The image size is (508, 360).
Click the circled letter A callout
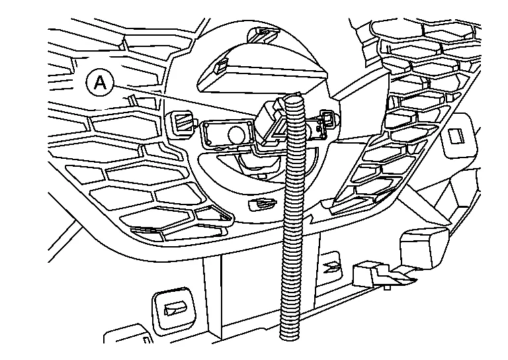click(x=100, y=82)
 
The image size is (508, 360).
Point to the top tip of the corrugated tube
click(x=294, y=100)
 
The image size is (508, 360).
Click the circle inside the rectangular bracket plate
click(x=235, y=133)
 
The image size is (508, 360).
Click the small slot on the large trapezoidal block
click(x=223, y=64)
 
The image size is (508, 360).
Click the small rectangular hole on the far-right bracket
click(x=455, y=136)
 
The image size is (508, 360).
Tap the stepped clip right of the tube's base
click(x=374, y=274)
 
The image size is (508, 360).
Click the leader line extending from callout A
click(x=185, y=97)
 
